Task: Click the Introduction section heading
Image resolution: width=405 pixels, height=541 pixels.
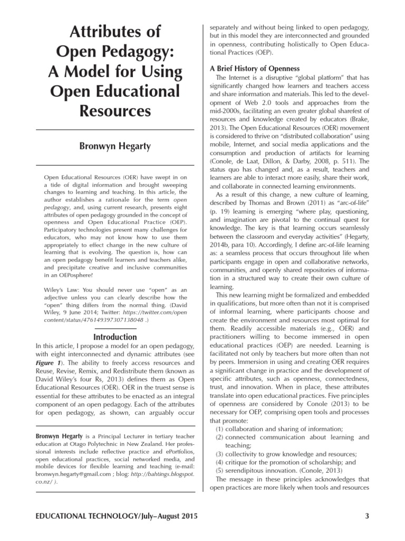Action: click(115, 337)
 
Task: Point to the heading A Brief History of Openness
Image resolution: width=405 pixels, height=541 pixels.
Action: click(255, 69)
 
